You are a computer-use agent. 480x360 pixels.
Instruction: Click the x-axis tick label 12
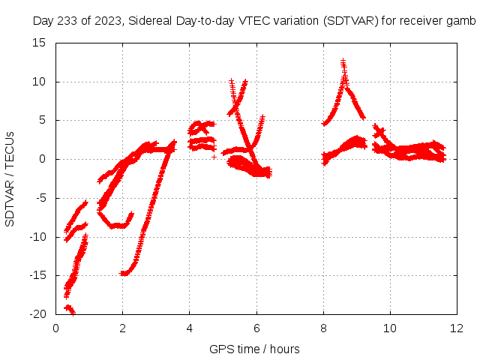pos(457,328)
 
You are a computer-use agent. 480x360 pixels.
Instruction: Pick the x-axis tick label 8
pos(323,328)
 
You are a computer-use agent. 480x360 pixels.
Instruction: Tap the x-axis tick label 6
pos(256,328)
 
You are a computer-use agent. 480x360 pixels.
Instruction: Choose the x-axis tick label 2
pos(122,328)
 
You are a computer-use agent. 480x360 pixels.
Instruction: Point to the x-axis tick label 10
pos(390,328)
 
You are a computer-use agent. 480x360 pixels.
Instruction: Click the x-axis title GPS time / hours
pos(255,349)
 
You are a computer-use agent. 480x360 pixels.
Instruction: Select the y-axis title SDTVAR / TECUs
pos(10,178)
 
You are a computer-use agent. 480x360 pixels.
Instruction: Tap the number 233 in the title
pos(67,21)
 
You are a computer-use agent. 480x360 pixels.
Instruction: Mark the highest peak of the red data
pos(343,61)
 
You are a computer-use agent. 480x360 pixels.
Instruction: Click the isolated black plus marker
pos(214,157)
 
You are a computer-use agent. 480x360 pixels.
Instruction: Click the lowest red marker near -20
pos(73,313)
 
